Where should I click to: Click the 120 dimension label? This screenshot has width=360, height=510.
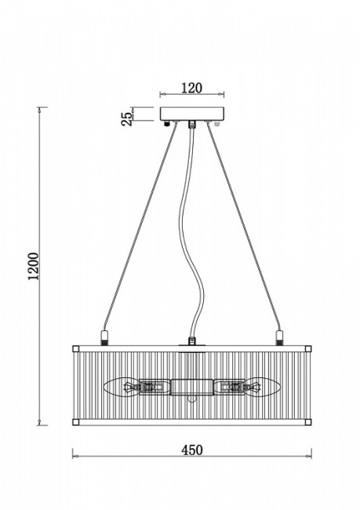tap(191, 88)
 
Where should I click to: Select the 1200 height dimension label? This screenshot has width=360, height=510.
tap(33, 266)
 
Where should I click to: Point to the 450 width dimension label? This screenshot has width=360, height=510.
tap(191, 450)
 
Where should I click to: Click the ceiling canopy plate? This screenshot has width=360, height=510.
tap(192, 114)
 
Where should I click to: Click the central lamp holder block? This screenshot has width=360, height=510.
tap(192, 387)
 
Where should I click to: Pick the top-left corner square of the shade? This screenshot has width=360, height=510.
tap(75, 349)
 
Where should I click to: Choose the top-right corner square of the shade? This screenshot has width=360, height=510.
tap(308, 349)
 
